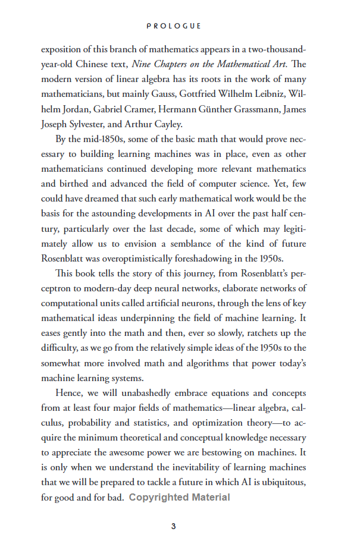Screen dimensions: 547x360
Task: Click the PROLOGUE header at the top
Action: point(174,26)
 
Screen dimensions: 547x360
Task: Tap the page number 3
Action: point(173,526)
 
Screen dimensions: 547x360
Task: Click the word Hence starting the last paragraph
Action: point(68,393)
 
